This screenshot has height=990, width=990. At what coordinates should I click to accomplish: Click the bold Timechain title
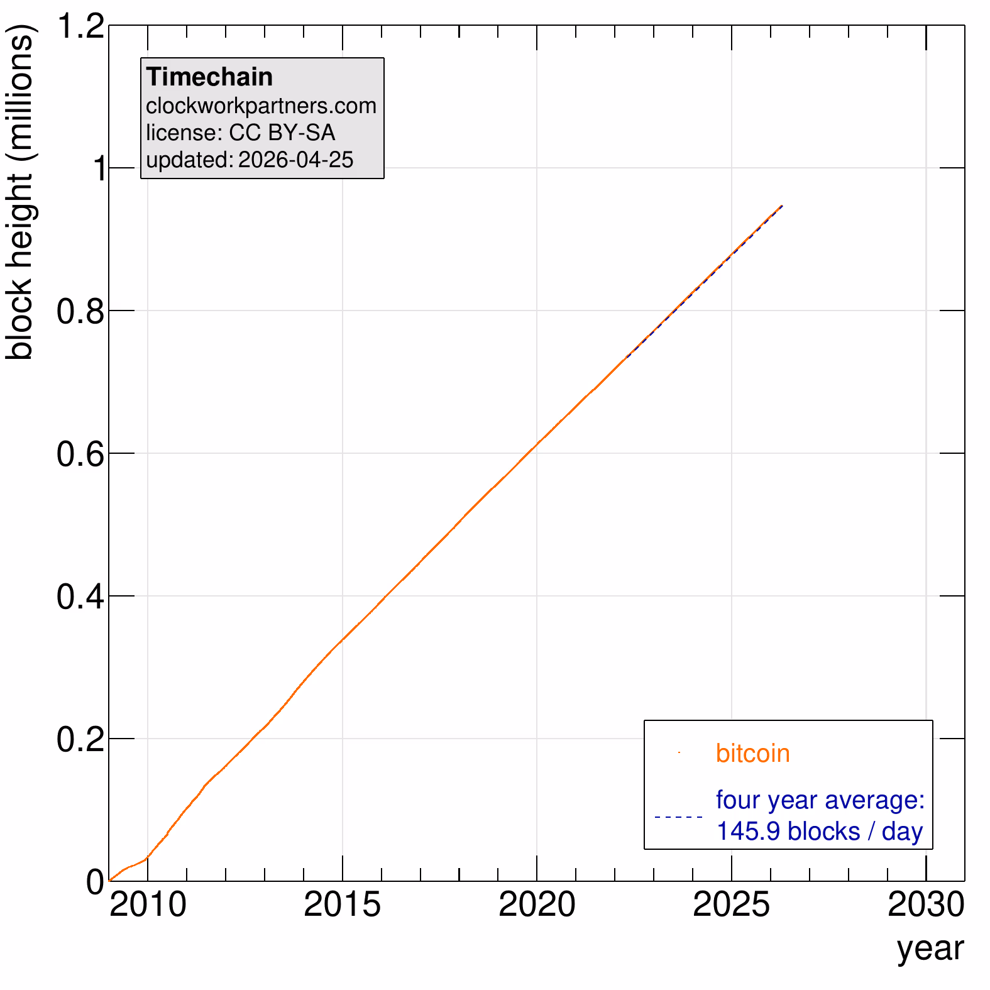tap(209, 77)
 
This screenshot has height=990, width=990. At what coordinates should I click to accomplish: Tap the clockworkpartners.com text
tap(261, 106)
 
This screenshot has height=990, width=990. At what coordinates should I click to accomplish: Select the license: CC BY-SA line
tap(240, 133)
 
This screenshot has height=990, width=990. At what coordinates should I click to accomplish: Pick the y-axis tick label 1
tap(99, 168)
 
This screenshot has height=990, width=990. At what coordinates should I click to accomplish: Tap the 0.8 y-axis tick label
tap(80, 311)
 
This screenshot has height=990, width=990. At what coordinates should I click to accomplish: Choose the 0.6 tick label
tap(80, 454)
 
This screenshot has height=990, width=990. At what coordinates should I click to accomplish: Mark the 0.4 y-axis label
tap(80, 597)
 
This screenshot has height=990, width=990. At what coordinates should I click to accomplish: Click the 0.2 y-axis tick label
tap(80, 739)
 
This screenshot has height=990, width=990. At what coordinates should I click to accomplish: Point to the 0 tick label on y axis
tap(96, 882)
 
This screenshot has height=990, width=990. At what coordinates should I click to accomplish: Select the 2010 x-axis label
tap(148, 905)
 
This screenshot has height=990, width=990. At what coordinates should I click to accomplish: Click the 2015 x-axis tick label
tap(343, 905)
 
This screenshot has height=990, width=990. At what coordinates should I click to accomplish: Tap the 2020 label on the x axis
tap(537, 905)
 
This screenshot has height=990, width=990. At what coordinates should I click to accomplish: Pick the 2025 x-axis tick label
tap(731, 905)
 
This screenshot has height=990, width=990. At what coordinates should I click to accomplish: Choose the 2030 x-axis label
tap(925, 905)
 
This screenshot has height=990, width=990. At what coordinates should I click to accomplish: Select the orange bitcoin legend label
tap(752, 753)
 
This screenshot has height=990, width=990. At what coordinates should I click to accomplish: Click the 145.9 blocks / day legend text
tap(820, 831)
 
